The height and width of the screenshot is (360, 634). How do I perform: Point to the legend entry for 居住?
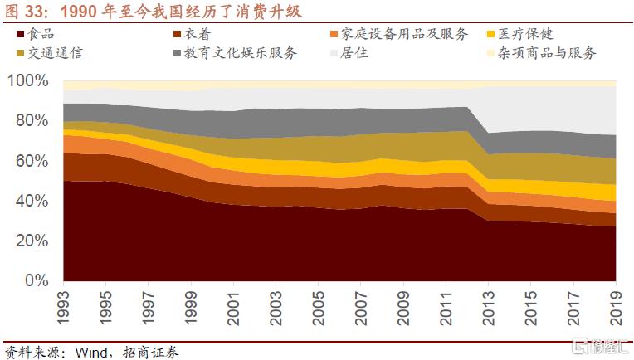pyautogui.click(x=355, y=53)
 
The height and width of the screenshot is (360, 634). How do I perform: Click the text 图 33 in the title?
pyautogui.click(x=22, y=12)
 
